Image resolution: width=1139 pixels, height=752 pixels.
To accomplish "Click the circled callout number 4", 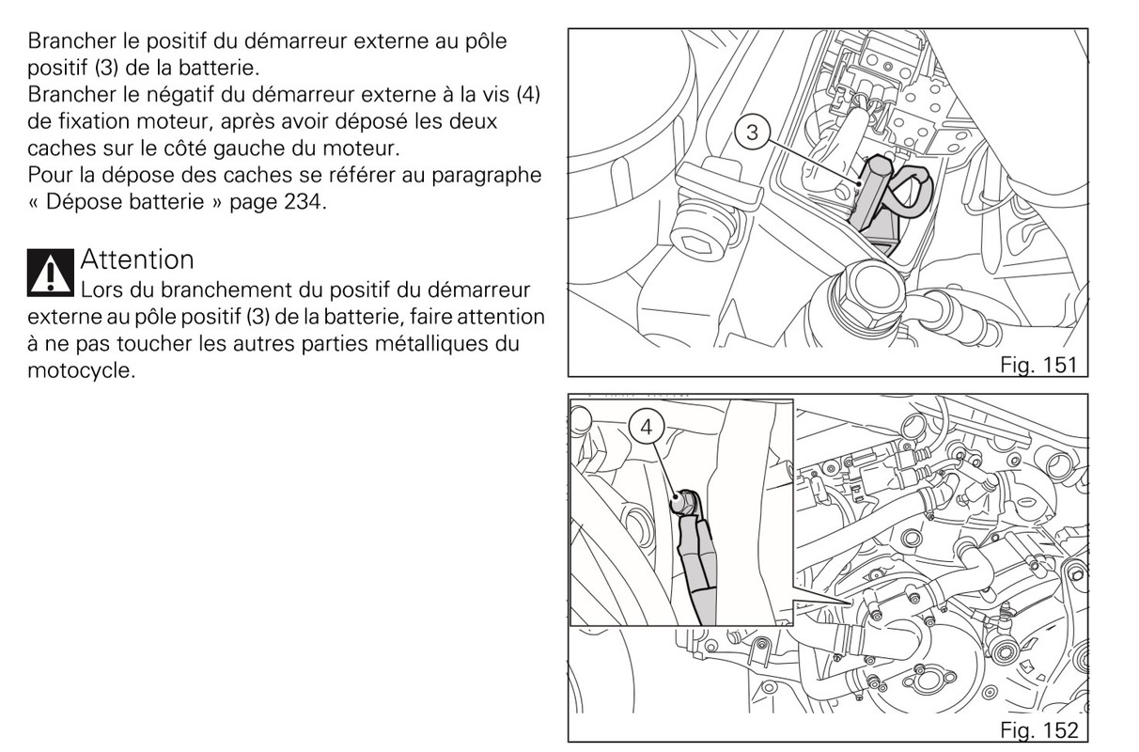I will point(646,428).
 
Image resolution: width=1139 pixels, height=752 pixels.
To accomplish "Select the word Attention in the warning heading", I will point(137,258).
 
